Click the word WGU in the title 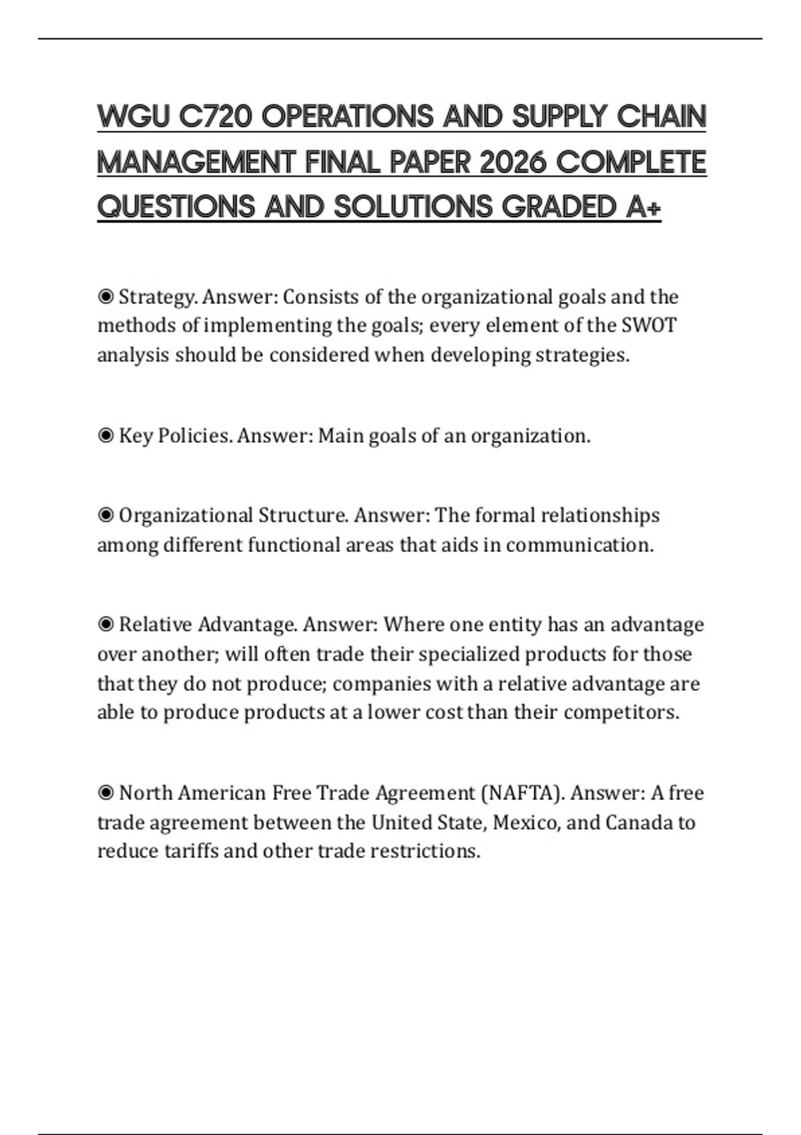coord(133,117)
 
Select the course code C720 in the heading coord(216,117)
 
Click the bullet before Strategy coord(105,296)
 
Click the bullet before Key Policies coord(105,436)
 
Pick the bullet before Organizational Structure coord(105,515)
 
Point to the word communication coord(579,545)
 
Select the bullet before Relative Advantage coord(105,625)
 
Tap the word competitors coord(621,712)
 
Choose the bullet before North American coord(105,793)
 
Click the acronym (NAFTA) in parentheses coord(523,793)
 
